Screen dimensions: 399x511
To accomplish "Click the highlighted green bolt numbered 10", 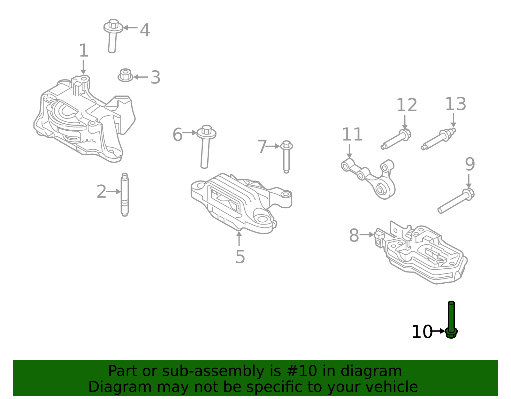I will click(451, 319).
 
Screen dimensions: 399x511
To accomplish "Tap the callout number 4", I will click(145, 30).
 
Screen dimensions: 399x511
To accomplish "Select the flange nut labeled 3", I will click(125, 75).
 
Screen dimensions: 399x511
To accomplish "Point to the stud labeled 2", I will click(125, 195).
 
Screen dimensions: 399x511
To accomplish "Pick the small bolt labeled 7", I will click(286, 157).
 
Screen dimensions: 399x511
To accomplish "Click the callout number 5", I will click(240, 257).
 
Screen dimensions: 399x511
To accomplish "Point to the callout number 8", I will click(354, 236).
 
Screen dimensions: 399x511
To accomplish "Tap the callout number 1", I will click(83, 51).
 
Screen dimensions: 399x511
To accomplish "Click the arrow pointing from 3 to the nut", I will click(141, 77).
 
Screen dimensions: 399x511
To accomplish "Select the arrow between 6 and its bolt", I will click(190, 133).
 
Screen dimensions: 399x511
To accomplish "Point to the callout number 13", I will click(455, 104).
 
